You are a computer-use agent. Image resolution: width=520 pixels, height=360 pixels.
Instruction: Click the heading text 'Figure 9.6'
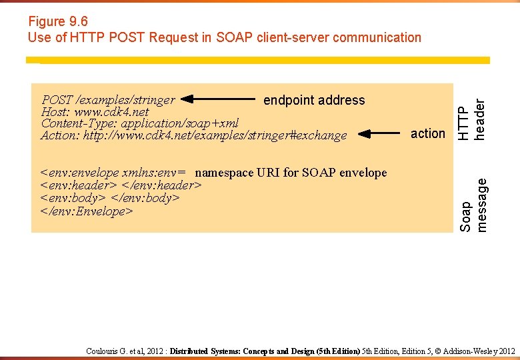point(58,21)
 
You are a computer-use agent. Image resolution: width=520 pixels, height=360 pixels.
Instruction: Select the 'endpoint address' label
point(314,100)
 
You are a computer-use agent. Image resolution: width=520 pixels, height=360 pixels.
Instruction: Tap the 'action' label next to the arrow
point(427,133)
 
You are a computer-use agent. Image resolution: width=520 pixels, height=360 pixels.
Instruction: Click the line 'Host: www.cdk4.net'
point(95,112)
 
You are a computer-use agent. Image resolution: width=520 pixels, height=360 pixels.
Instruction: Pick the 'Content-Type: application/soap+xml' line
point(139,123)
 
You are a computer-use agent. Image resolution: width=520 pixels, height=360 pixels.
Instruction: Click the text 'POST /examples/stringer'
point(108,100)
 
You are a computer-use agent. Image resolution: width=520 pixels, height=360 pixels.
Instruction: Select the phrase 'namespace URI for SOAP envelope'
point(291,173)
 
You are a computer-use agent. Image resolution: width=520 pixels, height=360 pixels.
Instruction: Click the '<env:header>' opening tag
point(79,185)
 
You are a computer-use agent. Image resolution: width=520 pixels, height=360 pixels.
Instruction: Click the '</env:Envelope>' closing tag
point(87,211)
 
